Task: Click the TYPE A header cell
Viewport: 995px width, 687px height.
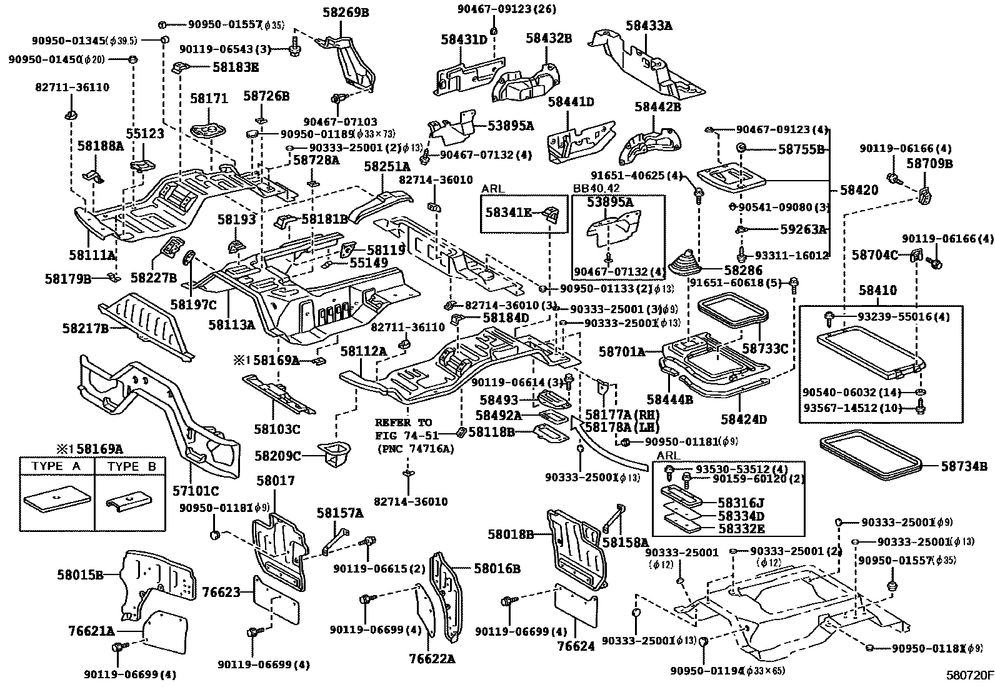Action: [x=56, y=466]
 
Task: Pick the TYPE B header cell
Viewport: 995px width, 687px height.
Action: [x=131, y=466]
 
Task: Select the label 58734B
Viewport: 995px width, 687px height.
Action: [x=964, y=465]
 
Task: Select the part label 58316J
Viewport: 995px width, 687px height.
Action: [x=741, y=503]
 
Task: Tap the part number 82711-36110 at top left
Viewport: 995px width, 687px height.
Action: [x=72, y=88]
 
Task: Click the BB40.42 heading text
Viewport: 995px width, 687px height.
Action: [x=596, y=188]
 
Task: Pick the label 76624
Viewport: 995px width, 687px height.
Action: [x=576, y=646]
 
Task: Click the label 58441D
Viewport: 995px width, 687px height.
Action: [x=571, y=101]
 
